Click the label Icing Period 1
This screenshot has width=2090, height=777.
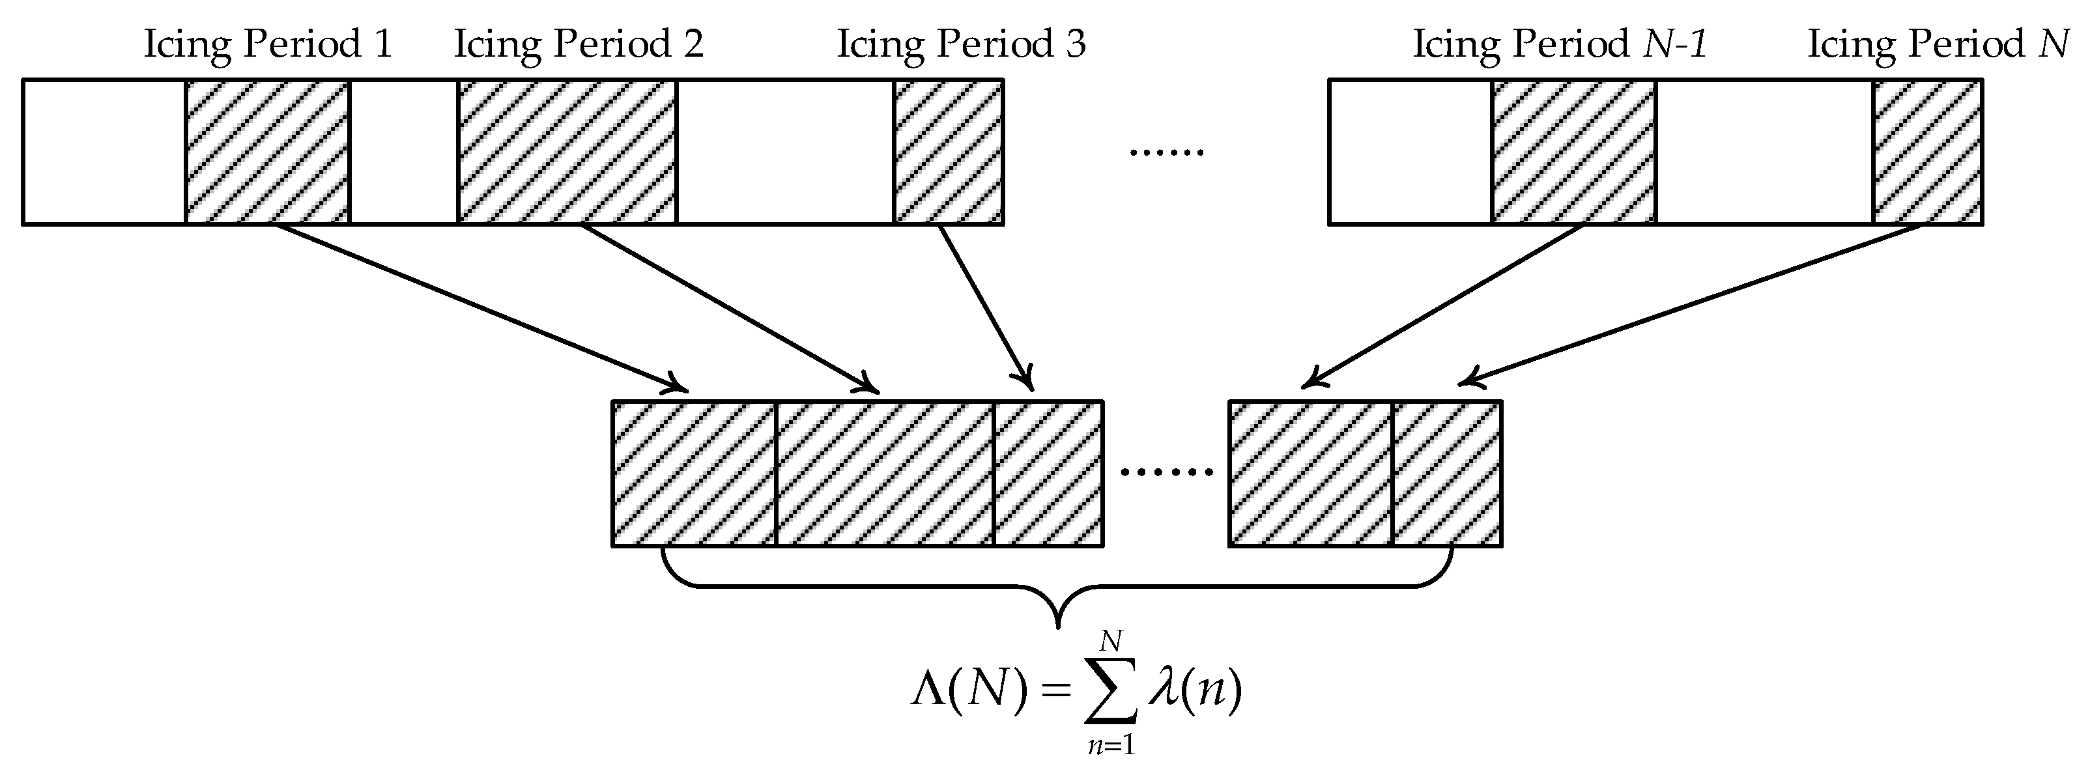(268, 44)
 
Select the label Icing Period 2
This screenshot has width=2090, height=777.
(578, 44)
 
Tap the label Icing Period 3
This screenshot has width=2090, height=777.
(960, 44)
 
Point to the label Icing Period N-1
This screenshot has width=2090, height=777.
(1560, 44)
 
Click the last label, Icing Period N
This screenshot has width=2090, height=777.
(1938, 44)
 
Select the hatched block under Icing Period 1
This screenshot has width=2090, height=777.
(267, 152)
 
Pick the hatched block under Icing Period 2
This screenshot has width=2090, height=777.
(566, 152)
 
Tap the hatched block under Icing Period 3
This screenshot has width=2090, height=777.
(949, 152)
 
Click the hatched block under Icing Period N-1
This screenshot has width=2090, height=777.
(1573, 152)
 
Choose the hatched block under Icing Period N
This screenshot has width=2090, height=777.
(1928, 152)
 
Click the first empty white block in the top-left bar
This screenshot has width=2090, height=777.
(104, 152)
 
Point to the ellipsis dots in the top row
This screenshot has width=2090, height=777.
(1167, 152)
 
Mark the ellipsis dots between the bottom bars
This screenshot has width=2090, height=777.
(1166, 472)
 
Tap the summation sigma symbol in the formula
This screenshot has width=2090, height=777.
(1111, 692)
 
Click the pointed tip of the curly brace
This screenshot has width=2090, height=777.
(1057, 625)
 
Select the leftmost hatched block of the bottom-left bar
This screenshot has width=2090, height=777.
(694, 473)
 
